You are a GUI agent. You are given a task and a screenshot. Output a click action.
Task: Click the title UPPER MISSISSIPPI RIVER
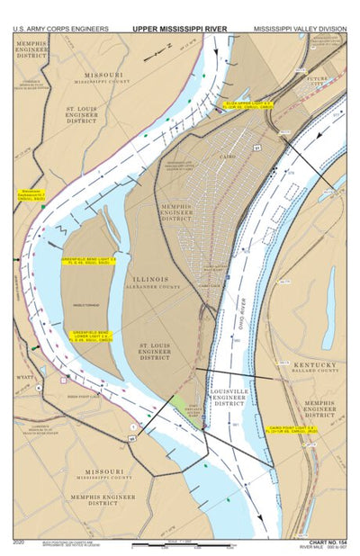(180, 29)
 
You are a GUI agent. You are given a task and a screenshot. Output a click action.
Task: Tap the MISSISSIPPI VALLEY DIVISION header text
(300, 29)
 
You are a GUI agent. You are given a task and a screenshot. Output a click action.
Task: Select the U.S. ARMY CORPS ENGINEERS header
(60, 29)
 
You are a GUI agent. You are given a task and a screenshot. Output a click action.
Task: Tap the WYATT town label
(25, 377)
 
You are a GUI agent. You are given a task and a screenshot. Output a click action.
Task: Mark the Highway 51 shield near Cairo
(256, 148)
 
